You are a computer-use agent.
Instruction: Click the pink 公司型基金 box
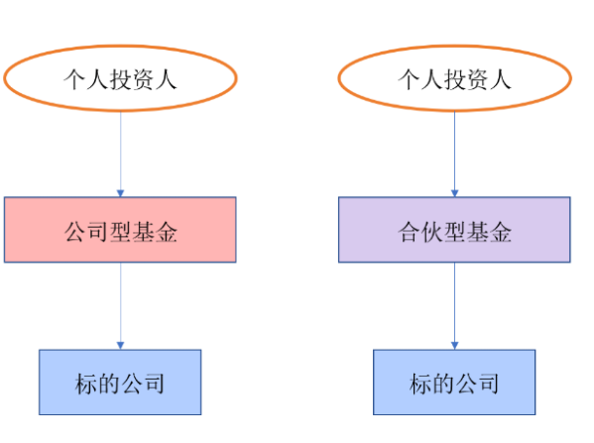pyautogui.click(x=120, y=230)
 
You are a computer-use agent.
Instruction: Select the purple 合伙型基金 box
pyautogui.click(x=454, y=230)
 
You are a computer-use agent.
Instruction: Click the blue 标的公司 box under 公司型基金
pyautogui.click(x=120, y=382)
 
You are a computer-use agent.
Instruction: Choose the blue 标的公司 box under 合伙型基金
pyautogui.click(x=454, y=382)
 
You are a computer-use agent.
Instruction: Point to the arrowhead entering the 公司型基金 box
pyautogui.click(x=120, y=193)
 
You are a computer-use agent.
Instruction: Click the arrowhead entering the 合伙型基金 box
pyautogui.click(x=454, y=193)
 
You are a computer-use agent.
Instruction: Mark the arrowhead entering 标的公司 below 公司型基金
pyautogui.click(x=120, y=346)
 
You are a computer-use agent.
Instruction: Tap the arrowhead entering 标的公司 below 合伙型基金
pyautogui.click(x=454, y=346)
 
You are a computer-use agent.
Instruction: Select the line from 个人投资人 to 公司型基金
pyautogui.click(x=120, y=154)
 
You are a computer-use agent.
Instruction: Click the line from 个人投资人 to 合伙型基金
pyautogui.click(x=454, y=154)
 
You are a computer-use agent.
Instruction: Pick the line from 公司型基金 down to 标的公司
pyautogui.click(x=120, y=306)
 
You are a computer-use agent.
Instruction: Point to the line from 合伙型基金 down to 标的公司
pyautogui.click(x=454, y=306)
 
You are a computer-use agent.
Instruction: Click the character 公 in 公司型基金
pyautogui.click(x=75, y=232)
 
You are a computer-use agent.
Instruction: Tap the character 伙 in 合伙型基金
pyautogui.click(x=431, y=232)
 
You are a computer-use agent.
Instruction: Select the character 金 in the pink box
pyautogui.click(x=166, y=232)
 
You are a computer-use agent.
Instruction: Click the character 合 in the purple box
pyautogui.click(x=410, y=232)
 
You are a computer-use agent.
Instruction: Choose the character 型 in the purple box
pyautogui.click(x=454, y=232)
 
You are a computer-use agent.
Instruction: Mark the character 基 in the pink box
pyautogui.click(x=143, y=232)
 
